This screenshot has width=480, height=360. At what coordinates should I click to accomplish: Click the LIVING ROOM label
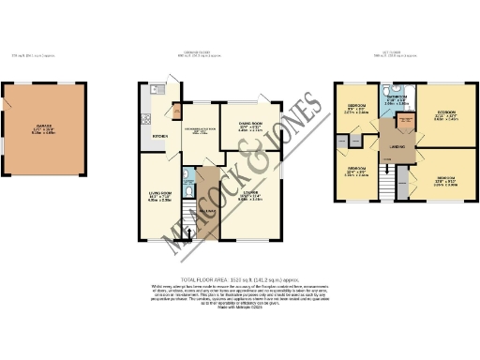(156, 194)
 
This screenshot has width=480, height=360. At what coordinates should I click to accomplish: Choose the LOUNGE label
(248, 193)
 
